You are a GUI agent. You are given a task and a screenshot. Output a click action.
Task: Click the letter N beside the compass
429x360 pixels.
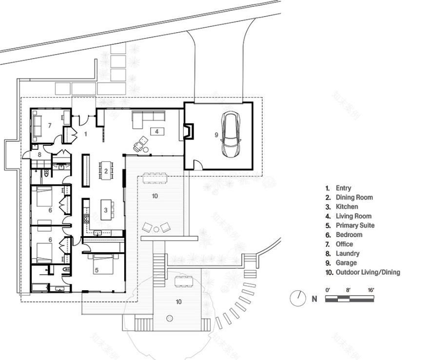[314, 299]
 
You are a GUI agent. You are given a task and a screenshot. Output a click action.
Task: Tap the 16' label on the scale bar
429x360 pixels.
[370, 290]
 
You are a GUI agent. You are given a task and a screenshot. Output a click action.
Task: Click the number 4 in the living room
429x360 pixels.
[157, 131]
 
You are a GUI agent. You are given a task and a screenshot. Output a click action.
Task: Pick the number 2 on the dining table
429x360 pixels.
[106, 171]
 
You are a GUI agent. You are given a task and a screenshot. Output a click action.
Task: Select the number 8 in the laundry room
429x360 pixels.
[40, 155]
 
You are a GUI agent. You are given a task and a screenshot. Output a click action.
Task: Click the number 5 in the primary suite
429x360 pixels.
[97, 269]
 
